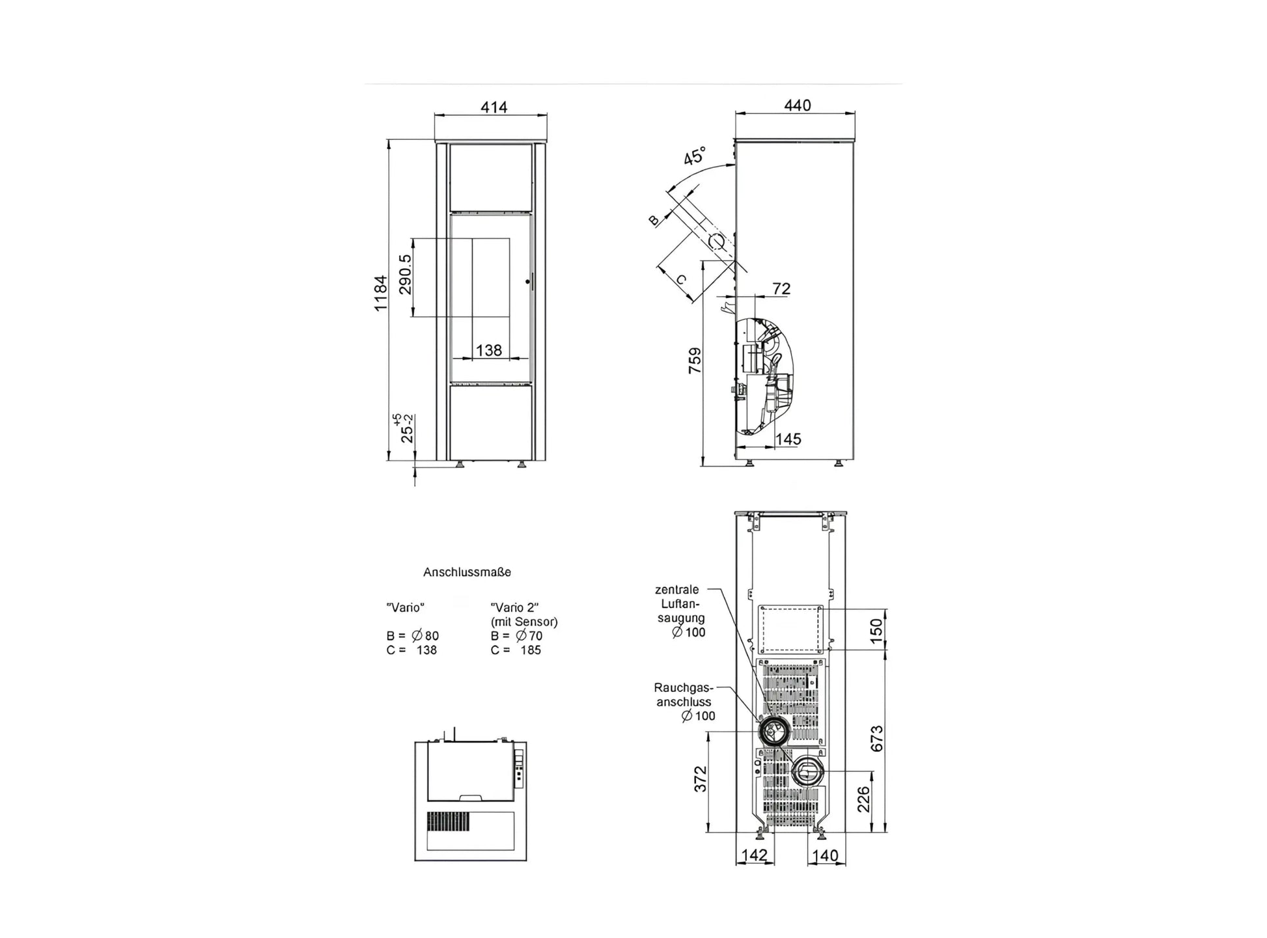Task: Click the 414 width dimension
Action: tap(494, 107)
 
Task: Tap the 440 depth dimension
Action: tap(797, 105)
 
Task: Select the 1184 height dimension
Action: tap(380, 293)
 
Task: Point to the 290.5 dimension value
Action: tap(405, 274)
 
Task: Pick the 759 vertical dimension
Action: tap(695, 361)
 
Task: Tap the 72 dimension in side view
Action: tap(781, 288)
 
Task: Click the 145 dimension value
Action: tap(788, 439)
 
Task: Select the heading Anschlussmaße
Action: tap(467, 572)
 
